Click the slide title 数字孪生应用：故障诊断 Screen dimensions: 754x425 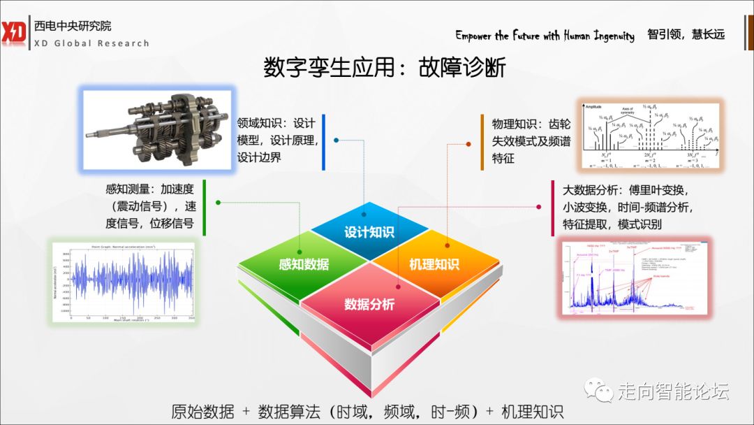[x=385, y=69]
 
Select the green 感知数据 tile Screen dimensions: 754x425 [x=303, y=264]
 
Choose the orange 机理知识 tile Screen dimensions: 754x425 [x=434, y=264]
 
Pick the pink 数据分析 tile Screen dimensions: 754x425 [x=369, y=305]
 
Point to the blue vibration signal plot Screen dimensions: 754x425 [x=124, y=282]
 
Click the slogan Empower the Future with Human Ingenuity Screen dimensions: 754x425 [x=545, y=36]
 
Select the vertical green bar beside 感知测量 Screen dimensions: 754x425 [x=205, y=207]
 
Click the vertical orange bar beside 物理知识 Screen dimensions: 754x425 [x=482, y=142]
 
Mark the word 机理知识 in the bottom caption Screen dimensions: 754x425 [x=532, y=412]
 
